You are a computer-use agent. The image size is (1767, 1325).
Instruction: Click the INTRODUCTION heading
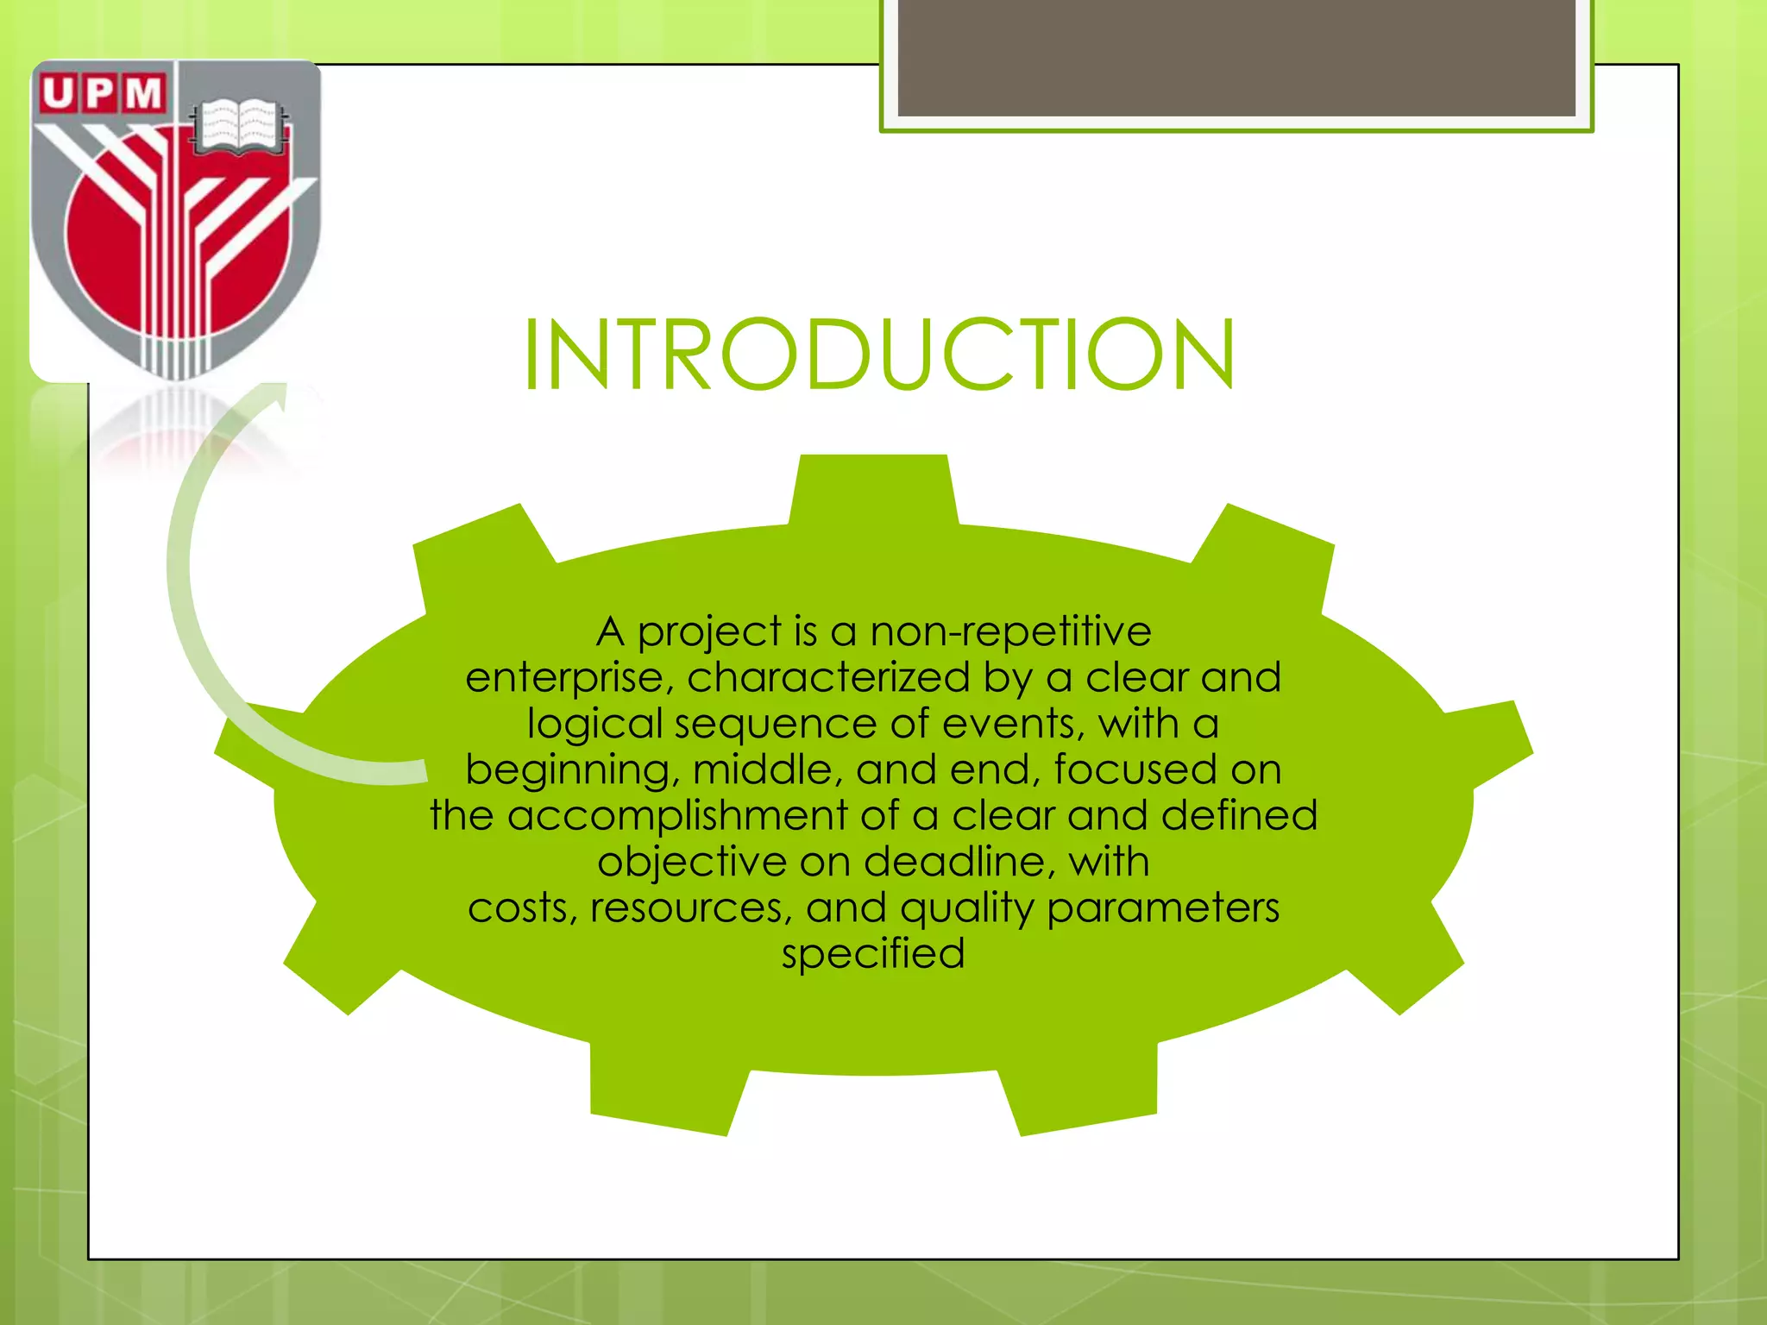879,355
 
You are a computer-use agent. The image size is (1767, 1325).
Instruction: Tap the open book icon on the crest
238,127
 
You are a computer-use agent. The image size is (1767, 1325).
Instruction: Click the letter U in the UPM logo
58,93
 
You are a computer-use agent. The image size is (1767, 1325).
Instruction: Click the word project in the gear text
709,632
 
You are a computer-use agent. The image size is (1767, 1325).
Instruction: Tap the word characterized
829,677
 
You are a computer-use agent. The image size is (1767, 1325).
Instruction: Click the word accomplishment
677,815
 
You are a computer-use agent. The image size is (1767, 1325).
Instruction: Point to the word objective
692,862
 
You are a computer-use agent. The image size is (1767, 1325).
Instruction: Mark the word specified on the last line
873,955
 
